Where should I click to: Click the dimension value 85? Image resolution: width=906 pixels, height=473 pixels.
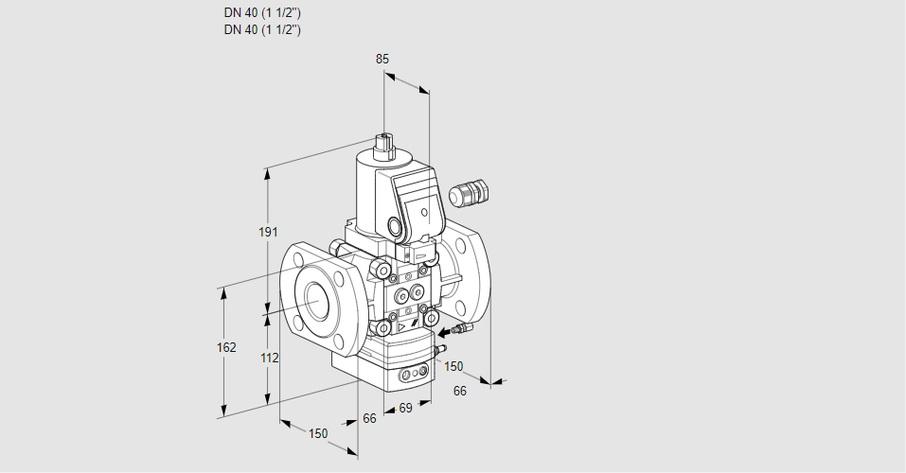tap(382, 59)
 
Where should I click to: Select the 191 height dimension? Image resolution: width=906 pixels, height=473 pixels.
tap(268, 232)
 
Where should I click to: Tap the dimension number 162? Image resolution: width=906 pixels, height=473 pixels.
tap(226, 347)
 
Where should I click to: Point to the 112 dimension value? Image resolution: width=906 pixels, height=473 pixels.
tap(269, 359)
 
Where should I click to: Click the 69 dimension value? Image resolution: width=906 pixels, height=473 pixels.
tap(405, 409)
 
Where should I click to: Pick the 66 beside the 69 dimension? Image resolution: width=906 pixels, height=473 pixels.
tap(369, 418)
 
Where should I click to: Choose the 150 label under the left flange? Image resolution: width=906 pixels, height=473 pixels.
tap(318, 433)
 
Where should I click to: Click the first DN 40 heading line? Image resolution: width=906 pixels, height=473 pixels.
tap(262, 12)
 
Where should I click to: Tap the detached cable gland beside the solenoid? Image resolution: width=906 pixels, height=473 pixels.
tap(468, 191)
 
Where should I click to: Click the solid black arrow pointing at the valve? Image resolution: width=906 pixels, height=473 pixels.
tap(444, 333)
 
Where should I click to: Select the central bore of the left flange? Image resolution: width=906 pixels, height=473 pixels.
tap(315, 302)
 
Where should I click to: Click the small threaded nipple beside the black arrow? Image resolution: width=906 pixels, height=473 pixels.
tap(463, 328)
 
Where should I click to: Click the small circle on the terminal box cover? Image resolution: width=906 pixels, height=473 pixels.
tap(425, 213)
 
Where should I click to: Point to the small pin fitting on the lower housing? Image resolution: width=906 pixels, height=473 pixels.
tap(440, 348)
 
